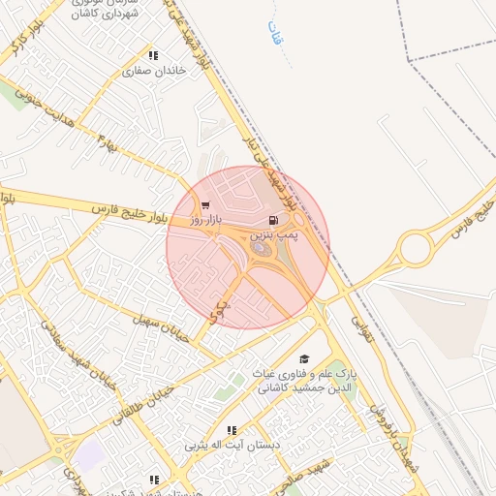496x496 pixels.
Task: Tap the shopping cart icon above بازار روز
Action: point(205,205)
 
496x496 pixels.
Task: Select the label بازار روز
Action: point(205,220)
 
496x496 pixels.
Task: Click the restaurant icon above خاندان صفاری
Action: point(153,55)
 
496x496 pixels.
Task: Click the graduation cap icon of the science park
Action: point(304,359)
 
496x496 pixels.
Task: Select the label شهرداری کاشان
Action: point(107,15)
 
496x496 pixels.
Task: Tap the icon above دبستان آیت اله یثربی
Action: point(231,430)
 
